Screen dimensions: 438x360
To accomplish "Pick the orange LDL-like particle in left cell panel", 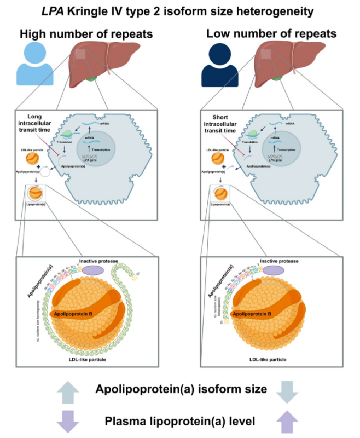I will (x=32, y=160).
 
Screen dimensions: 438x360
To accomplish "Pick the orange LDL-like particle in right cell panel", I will (x=217, y=160).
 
